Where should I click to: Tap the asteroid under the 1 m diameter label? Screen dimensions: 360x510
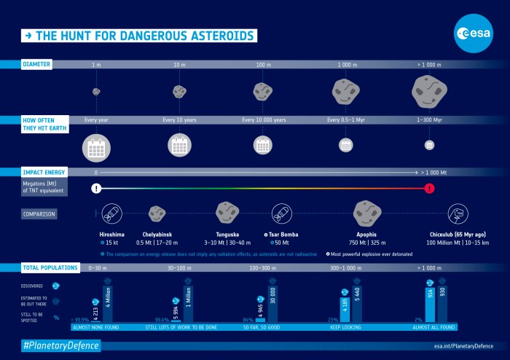coord(96,92)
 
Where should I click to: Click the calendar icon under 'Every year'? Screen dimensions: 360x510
coord(96,147)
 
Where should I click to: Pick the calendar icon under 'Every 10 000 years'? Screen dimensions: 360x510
coord(262,144)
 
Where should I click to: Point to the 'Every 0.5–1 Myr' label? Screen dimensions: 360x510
coord(346,120)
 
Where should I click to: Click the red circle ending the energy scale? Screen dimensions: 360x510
coord(429,189)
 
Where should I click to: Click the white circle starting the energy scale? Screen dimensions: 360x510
coord(96,189)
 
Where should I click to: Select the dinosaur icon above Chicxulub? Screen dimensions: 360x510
coord(458,214)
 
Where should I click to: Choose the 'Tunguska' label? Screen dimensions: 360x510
coord(228,235)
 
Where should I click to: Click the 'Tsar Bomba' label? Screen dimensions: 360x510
coord(282,235)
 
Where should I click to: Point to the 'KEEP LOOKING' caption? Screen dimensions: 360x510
coord(345,327)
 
